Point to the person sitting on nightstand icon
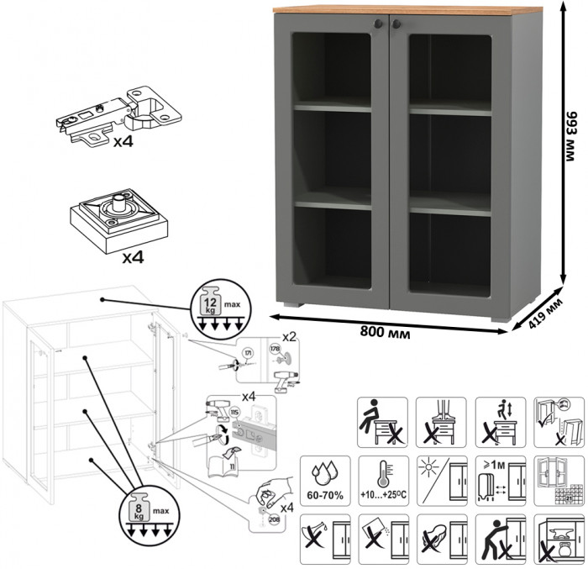click(x=382, y=419)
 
